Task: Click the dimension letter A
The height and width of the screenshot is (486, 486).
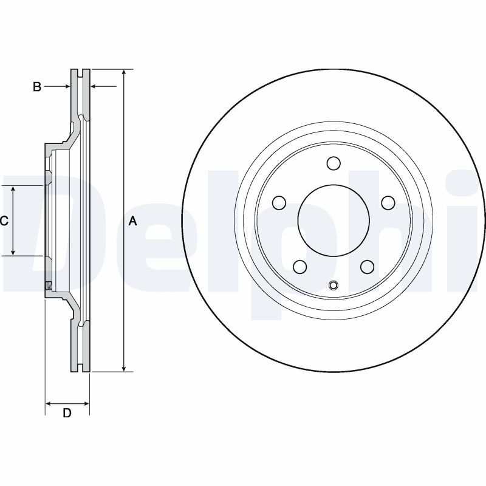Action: coord(132,221)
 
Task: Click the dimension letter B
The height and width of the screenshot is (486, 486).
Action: coord(37,87)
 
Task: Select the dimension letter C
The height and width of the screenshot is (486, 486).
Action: coord(4,221)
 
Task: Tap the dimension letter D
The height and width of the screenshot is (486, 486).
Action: coord(67,413)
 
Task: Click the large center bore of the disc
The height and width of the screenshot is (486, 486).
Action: coord(334,221)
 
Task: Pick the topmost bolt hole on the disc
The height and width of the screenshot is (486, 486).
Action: coord(334,163)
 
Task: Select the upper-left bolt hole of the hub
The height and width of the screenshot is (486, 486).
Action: coord(279,203)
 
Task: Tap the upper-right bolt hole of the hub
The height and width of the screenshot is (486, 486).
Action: coord(388,203)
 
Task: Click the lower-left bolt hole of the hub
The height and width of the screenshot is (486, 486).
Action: coord(300,267)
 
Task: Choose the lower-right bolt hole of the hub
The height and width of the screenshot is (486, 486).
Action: coord(368,267)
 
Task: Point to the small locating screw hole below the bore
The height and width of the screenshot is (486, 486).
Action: coord(334,285)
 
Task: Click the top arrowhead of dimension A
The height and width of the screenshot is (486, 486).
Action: coord(124,72)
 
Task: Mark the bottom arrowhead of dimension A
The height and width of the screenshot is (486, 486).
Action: coord(124,368)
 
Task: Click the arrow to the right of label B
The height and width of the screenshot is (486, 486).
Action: coord(57,86)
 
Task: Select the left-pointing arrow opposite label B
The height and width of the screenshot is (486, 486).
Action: coord(103,86)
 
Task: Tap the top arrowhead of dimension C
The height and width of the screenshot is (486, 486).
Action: coord(13,190)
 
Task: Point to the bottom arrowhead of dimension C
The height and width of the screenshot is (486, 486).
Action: coord(13,252)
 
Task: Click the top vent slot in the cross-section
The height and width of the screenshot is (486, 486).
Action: coord(81,74)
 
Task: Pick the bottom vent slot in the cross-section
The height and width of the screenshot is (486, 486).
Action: coord(81,368)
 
